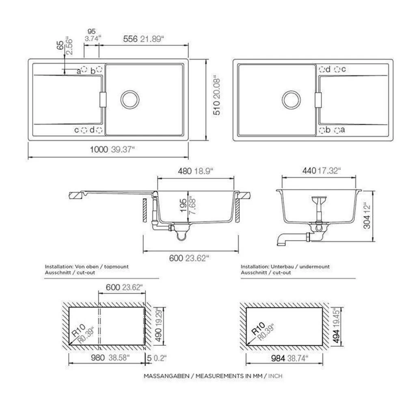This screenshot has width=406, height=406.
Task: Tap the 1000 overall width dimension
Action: coord(99,149)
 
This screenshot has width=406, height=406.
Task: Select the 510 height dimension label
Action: coord(216,108)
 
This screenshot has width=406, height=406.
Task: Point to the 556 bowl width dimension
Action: coord(130,39)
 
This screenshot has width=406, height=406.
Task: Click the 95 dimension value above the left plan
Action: coord(91,31)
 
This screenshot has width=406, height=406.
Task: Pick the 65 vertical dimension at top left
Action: coord(60,45)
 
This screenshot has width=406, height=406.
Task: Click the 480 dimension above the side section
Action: coord(185,171)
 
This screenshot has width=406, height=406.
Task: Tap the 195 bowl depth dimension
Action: coord(183,205)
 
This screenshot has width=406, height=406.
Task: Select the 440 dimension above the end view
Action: coord(309,171)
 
